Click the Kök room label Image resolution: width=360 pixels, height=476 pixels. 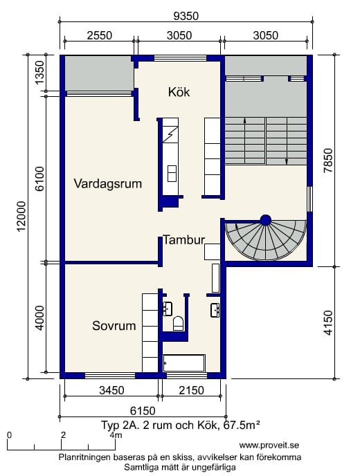point(179,92)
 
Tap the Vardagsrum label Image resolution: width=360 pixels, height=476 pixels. point(108,183)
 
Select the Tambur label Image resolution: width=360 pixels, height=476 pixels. point(184,240)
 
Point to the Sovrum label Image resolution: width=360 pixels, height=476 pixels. point(114,326)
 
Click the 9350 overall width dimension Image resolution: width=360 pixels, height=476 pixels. point(186,16)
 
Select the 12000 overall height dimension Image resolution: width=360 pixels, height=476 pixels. point(21,216)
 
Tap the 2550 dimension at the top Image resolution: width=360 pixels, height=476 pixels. point(100,35)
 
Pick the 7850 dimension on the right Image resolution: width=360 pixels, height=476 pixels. point(328,161)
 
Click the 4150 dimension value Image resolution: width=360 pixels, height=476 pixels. point(328,322)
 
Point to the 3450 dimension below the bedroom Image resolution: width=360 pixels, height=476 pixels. point(111,390)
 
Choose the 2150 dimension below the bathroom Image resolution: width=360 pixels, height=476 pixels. point(191,390)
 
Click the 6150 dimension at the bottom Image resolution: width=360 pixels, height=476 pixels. point(143,411)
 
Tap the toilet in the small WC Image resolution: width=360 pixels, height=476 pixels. point(179,323)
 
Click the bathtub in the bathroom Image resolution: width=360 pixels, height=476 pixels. point(183,363)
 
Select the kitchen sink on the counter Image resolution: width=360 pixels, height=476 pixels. point(172,174)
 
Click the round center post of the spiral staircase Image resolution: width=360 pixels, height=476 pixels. point(266,220)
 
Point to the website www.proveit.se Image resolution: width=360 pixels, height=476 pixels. point(269,446)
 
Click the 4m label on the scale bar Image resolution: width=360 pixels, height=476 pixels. point(116,435)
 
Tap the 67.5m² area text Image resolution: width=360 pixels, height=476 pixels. point(242,425)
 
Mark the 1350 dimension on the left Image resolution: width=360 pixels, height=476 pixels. point(39,73)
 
